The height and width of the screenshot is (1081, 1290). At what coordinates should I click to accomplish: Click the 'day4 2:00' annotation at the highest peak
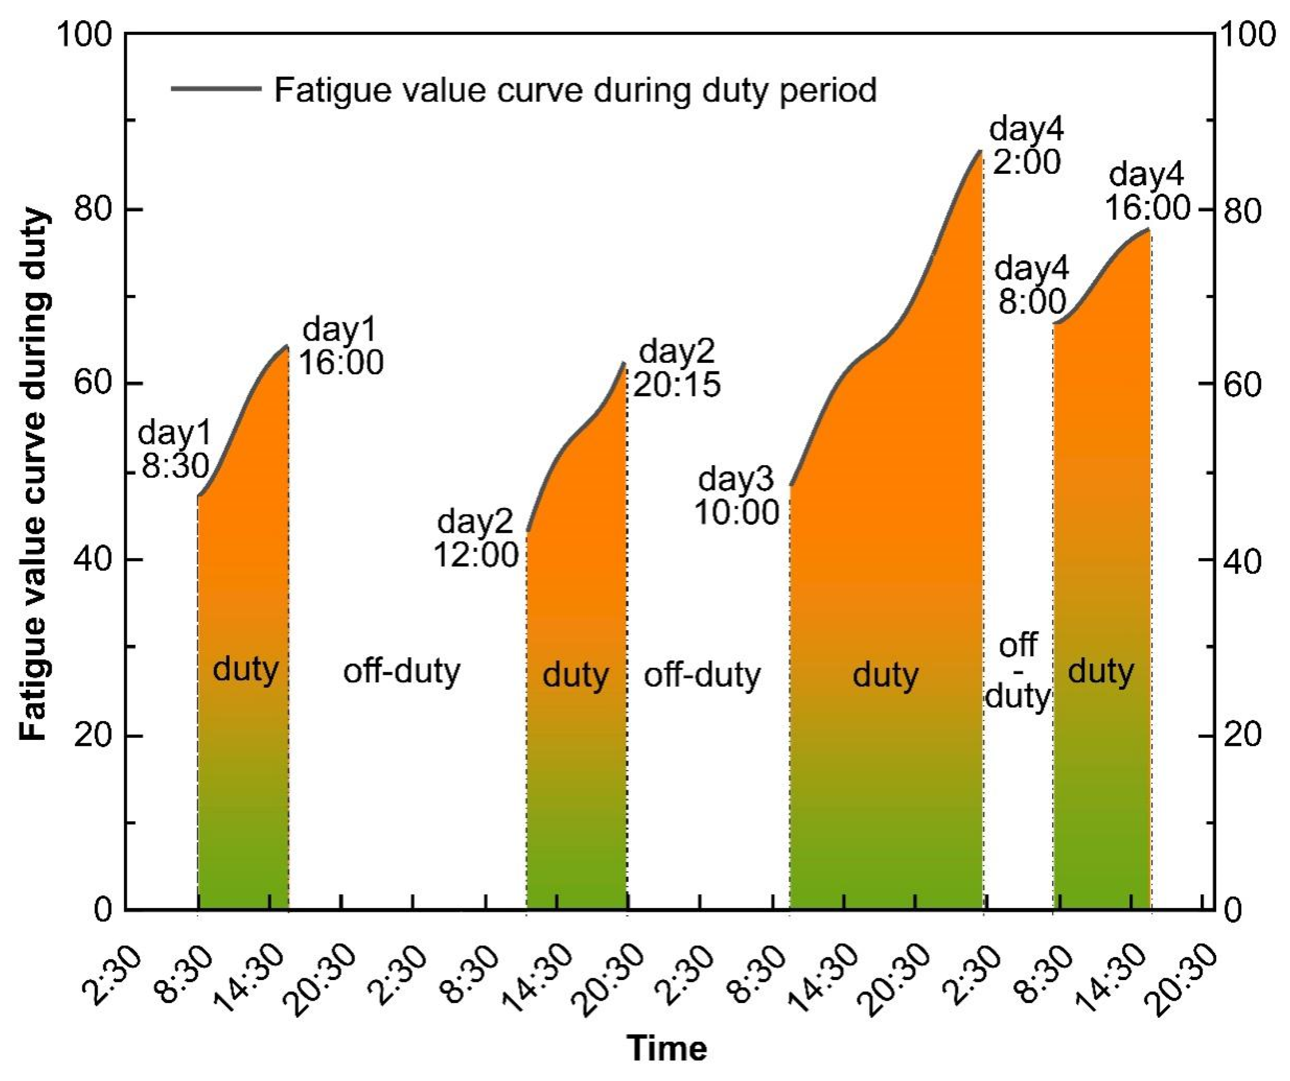[1025, 146]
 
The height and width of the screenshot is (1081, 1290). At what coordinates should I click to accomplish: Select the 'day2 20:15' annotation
[676, 368]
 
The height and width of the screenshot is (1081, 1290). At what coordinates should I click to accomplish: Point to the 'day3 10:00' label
[736, 496]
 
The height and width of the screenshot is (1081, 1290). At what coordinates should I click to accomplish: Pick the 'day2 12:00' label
[476, 539]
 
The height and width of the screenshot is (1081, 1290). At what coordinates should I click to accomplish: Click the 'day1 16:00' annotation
[341, 346]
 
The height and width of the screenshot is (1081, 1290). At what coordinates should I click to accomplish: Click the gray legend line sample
[216, 89]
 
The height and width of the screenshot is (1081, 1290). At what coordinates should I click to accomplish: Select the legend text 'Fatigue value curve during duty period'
[575, 90]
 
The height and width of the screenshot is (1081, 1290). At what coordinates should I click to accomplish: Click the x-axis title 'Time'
[667, 1048]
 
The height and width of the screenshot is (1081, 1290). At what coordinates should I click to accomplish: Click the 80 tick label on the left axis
[93, 209]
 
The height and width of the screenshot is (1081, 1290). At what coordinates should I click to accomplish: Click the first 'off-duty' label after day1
[401, 671]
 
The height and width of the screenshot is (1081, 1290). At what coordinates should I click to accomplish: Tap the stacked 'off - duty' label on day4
[1018, 671]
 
